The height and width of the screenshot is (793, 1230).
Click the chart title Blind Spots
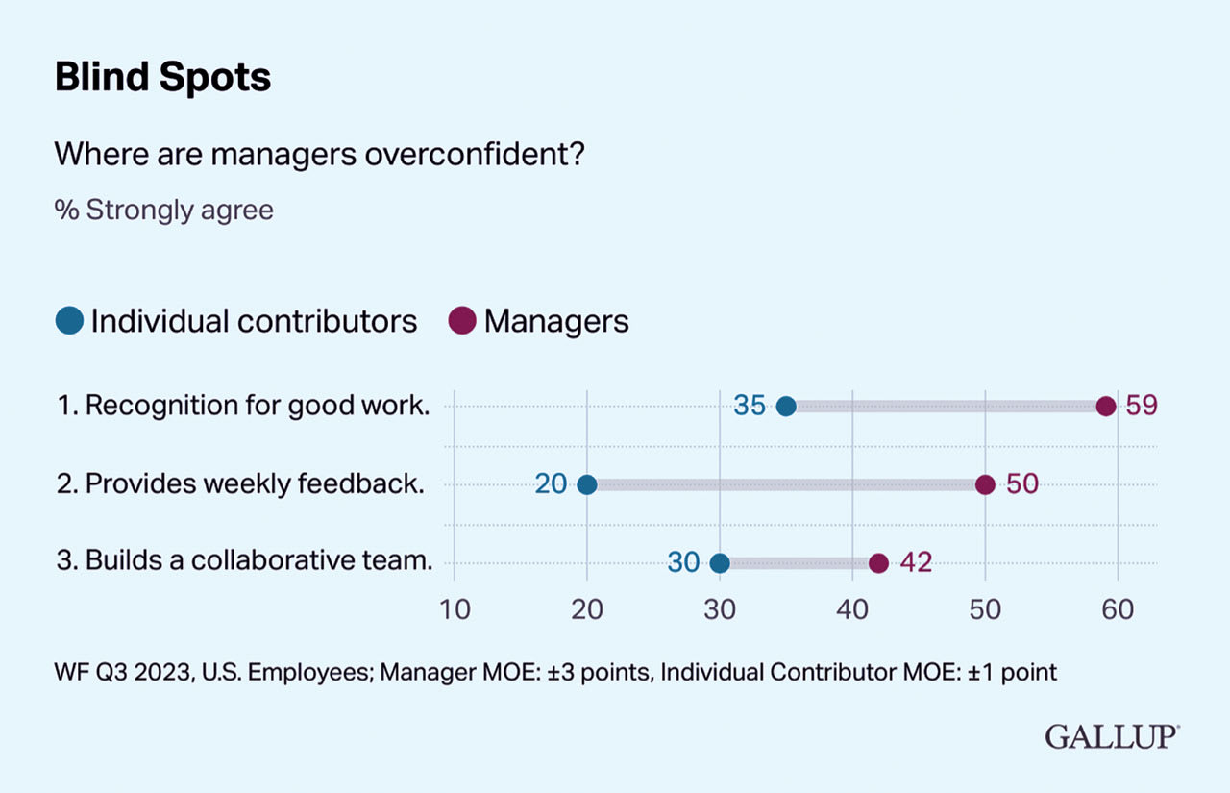coord(162,78)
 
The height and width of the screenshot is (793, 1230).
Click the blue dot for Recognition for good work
coord(786,406)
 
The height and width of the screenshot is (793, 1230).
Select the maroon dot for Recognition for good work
coord(1106,406)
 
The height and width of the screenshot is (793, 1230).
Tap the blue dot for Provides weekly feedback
coord(587,483)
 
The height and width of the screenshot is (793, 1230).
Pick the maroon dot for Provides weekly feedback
coord(985,483)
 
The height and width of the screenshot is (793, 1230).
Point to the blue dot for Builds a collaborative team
coord(720,562)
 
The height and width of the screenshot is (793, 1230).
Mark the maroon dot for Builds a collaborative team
coord(878,562)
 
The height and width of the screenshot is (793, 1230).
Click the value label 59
coord(1142,406)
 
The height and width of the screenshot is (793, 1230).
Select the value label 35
coord(750,406)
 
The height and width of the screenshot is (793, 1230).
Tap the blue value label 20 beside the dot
coord(552,483)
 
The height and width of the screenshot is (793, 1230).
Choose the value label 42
coord(916,562)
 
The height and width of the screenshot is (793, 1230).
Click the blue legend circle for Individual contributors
coord(69,320)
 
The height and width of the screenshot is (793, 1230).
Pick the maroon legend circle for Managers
coord(463,320)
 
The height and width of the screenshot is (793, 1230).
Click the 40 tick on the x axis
coord(852,609)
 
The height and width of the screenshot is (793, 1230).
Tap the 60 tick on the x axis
coord(1118,609)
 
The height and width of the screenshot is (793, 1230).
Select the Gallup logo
coord(1112,737)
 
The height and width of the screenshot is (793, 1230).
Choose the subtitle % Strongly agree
coord(163,210)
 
